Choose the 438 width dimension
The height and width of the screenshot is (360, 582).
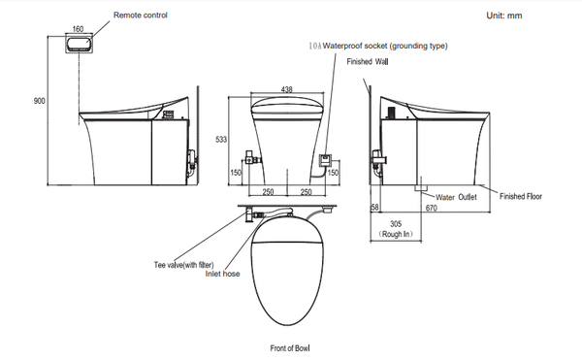tap(286, 88)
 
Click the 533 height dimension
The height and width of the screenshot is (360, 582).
tap(221, 140)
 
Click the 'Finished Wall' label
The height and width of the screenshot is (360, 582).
tap(367, 62)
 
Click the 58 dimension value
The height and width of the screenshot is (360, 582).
tap(374, 208)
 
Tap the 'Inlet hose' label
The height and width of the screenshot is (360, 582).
tap(223, 274)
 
